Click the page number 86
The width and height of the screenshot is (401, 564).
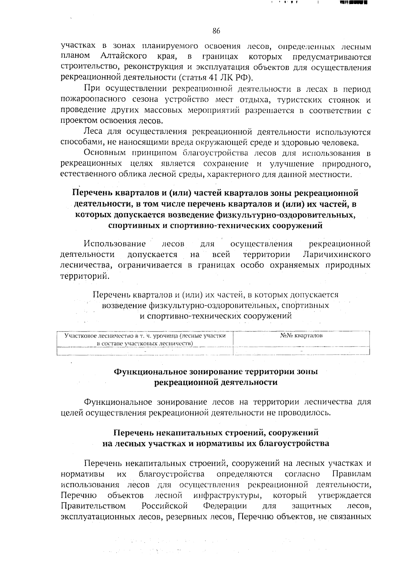(216, 31)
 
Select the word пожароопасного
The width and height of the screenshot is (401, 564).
(89, 99)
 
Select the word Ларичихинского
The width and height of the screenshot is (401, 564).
(337, 255)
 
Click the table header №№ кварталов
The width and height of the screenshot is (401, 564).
(301, 335)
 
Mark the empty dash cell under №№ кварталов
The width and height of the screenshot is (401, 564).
(301, 351)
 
